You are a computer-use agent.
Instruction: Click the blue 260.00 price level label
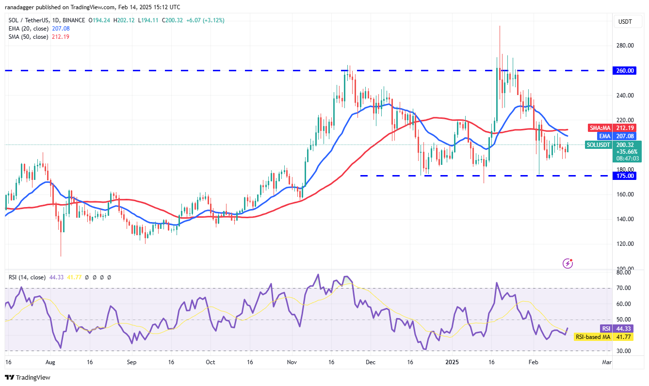click(625, 71)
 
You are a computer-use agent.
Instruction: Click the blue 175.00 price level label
click(625, 176)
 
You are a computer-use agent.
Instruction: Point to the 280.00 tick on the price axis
click(625, 46)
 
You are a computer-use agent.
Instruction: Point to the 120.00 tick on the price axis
click(625, 244)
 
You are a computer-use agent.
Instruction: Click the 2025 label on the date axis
click(452, 362)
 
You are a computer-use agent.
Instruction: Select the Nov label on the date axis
click(292, 362)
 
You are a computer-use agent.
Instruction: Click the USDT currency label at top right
click(624, 21)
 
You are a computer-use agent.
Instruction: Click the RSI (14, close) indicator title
click(27, 277)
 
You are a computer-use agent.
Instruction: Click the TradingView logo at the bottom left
click(28, 377)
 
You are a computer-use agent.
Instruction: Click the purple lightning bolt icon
click(568, 263)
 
